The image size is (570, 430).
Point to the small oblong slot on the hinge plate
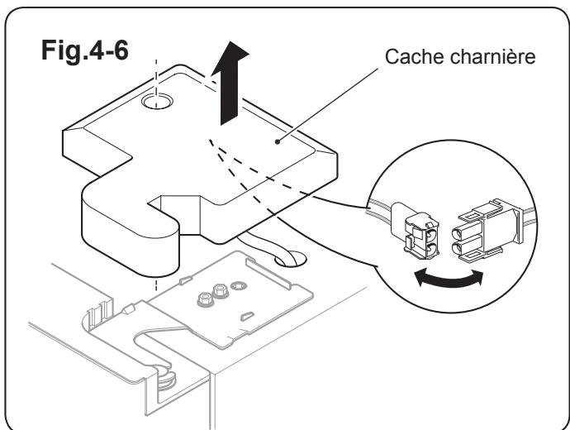(246, 315)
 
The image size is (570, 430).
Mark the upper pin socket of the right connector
(459, 226)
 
